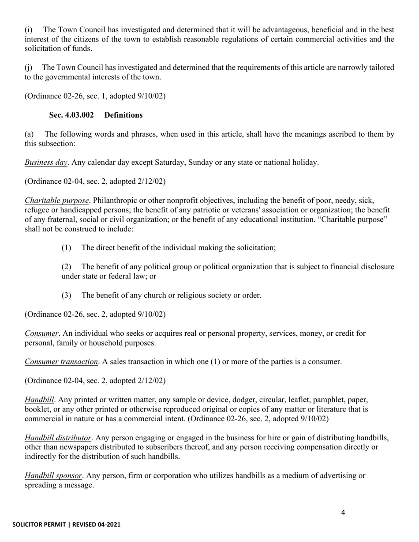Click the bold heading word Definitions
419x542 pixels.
pyautogui.click(x=123, y=115)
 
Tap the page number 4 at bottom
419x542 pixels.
pyautogui.click(x=343, y=512)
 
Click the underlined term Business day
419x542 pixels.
pyautogui.click(x=46, y=163)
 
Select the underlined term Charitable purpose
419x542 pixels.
pyautogui.click(x=56, y=201)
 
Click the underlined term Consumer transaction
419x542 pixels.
pyautogui.click(x=61, y=362)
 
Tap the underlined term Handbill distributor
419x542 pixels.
pyautogui.click(x=58, y=438)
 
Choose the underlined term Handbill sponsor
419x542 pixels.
pyautogui.click(x=53, y=476)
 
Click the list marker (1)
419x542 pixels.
pyautogui.click(x=66, y=248)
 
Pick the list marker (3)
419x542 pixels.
pyautogui.click(x=66, y=295)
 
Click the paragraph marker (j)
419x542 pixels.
pyautogui.click(x=28, y=68)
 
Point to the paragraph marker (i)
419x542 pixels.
pyautogui.click(x=28, y=30)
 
